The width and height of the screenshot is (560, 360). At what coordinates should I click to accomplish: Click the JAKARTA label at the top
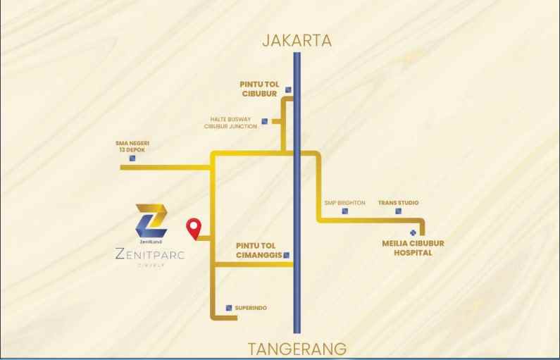pos(297,40)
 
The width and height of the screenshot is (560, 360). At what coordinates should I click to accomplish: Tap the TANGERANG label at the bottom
pos(297,349)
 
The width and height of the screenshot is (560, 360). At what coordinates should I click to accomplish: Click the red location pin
pos(194,229)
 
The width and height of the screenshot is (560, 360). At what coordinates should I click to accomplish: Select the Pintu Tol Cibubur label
pos(260,89)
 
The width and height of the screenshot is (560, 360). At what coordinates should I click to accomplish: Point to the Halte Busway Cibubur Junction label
pos(230,123)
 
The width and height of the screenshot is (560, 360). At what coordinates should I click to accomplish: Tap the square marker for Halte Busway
pos(264,121)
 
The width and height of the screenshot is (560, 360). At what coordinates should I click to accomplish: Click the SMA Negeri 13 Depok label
pos(132,147)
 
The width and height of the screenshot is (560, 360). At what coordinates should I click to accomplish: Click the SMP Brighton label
pos(344,203)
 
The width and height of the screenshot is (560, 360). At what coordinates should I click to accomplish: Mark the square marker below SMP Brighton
pos(344,211)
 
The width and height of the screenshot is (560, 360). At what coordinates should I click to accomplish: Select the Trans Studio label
pos(398,203)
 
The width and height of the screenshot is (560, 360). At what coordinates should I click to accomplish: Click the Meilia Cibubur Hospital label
pos(413,248)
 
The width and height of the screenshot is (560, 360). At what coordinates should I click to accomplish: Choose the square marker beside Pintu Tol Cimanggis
pos(287,255)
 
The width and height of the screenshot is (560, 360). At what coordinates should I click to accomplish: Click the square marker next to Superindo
pos(229,308)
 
